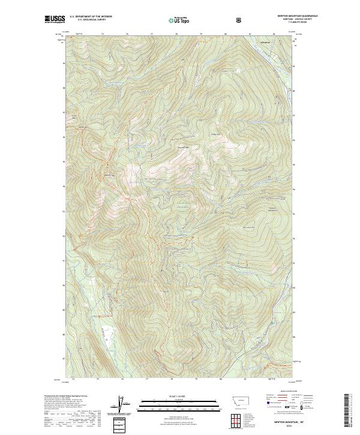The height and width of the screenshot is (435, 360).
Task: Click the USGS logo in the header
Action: [55, 19]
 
